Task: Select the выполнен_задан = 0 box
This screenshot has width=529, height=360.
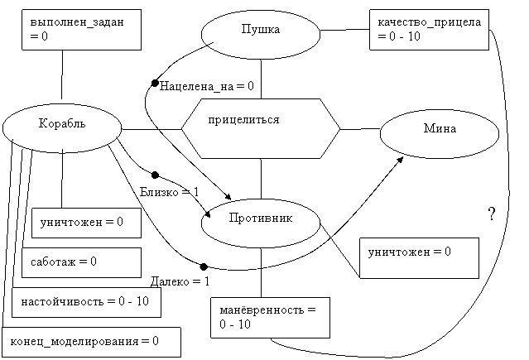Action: [x=81, y=30]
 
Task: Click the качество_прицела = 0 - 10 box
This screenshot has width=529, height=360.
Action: [x=429, y=30]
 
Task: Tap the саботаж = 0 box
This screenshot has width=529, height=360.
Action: [x=81, y=263]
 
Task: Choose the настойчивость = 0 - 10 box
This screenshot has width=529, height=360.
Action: [x=86, y=302]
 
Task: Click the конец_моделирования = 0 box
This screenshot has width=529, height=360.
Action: [x=91, y=342]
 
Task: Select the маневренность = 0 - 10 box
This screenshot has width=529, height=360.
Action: [x=270, y=318]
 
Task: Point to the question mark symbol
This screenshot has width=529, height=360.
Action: [x=492, y=214]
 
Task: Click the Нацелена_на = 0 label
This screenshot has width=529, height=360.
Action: [x=206, y=86]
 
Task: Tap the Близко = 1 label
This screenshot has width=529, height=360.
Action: [x=170, y=192]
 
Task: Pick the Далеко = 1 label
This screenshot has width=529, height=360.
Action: [x=180, y=281]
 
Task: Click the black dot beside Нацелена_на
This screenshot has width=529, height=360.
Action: [x=155, y=83]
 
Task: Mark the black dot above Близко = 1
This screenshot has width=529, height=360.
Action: [x=155, y=175]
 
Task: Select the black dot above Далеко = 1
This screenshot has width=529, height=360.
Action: [x=204, y=266]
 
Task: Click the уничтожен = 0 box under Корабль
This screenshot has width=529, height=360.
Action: [x=86, y=223]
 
